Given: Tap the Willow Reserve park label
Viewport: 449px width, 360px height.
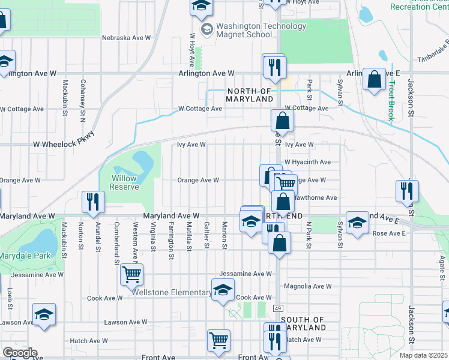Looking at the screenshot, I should pos(124,182).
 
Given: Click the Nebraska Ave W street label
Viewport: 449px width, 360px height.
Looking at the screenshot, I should pos(126,37).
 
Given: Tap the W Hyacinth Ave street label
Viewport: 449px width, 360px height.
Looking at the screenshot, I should pos(307,162).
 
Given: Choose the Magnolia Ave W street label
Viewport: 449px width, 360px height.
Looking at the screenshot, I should pos(307,287).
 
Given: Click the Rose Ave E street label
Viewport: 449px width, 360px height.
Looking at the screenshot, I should pos(389,233).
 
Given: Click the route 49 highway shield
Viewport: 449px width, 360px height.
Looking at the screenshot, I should pos(278,308).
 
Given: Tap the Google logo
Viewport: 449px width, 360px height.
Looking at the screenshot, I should pos(19,353).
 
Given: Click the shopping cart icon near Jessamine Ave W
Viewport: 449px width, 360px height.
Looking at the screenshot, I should pos(131,275).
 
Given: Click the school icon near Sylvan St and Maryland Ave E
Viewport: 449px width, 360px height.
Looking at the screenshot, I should pos(357,223).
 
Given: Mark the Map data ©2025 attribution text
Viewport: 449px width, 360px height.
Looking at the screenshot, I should pos(424,355).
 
